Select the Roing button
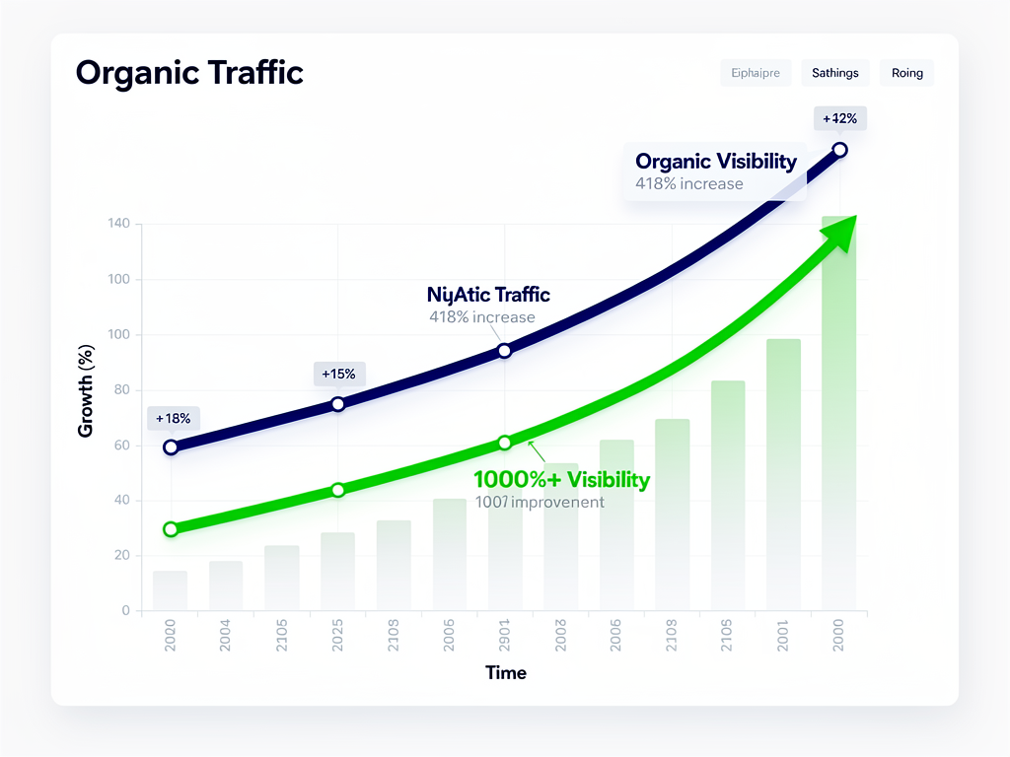pos(906,73)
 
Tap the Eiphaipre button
pos(756,73)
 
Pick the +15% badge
pos(339,374)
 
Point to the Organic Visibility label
pos(715,162)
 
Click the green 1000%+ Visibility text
pos(561,480)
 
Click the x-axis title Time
pos(506,673)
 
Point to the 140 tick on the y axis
pos(118,224)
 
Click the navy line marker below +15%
pos(338,403)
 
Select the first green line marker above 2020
pos(171,529)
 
